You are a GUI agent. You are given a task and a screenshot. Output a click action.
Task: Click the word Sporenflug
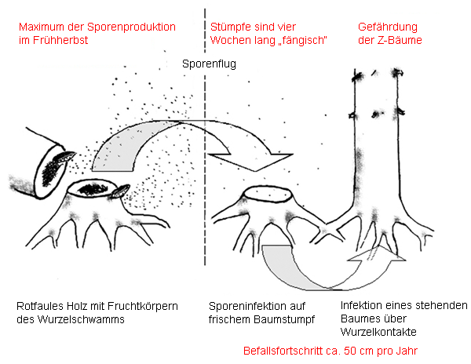206,64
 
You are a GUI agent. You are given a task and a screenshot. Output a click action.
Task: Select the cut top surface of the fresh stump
270,193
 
